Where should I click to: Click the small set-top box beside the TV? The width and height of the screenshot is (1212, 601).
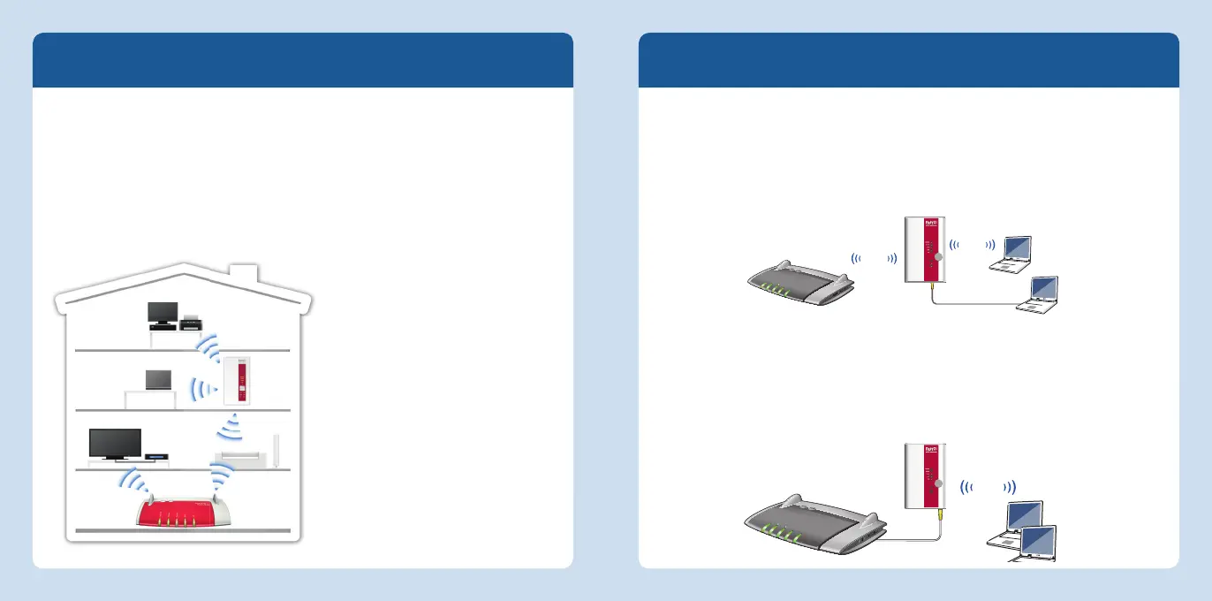click(x=155, y=455)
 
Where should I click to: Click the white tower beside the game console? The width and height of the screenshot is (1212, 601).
click(x=277, y=451)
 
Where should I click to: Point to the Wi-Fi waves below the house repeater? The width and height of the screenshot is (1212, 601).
click(x=231, y=430)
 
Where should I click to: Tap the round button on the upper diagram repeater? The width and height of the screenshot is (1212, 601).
click(x=938, y=257)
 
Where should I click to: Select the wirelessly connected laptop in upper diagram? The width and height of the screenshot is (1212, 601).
click(x=1011, y=252)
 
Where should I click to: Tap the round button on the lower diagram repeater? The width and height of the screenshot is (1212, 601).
click(x=938, y=484)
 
